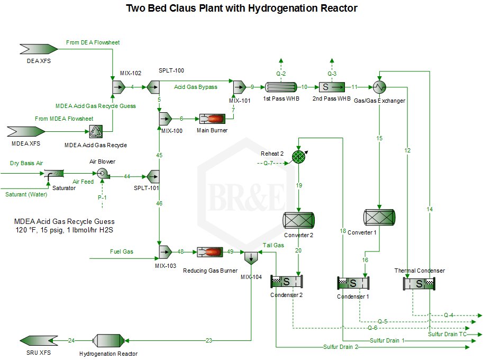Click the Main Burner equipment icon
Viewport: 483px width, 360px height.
point(211,119)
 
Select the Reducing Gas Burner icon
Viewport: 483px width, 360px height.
point(210,252)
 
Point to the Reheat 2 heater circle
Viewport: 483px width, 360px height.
point(299,157)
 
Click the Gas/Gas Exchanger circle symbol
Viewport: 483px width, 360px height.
point(379,87)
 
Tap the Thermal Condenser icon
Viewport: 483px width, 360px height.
point(419,283)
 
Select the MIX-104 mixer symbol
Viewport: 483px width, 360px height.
point(251,258)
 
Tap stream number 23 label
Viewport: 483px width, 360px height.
point(208,340)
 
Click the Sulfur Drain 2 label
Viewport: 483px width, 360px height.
point(341,347)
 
